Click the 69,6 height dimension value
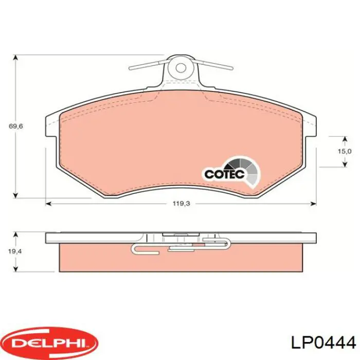click(x=16, y=127)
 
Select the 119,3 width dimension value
click(x=182, y=204)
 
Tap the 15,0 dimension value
click(x=345, y=151)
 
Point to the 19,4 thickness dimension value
click(x=15, y=251)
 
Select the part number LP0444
click(x=323, y=344)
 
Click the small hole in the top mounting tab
click(x=181, y=67)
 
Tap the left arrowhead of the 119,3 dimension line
click(x=49, y=204)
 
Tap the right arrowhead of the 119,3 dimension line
click(x=314, y=204)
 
